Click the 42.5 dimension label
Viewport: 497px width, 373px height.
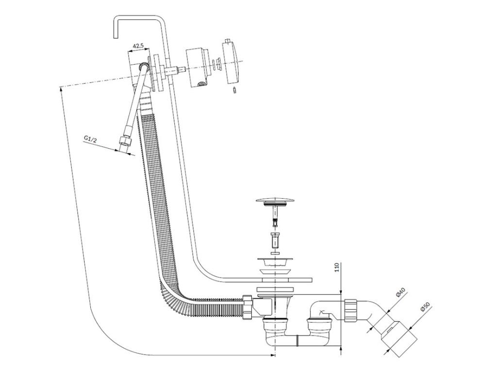pyautogui.click(x=138, y=46)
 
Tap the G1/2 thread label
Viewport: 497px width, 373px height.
pyautogui.click(x=90, y=139)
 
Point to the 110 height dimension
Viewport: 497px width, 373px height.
pyautogui.click(x=337, y=268)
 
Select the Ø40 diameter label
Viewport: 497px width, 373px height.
pyautogui.click(x=401, y=293)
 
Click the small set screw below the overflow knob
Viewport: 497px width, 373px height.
pyautogui.click(x=234, y=90)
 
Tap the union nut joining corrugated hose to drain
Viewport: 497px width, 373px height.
pyautogui.click(x=247, y=307)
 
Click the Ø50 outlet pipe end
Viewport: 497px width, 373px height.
pyautogui.click(x=399, y=340)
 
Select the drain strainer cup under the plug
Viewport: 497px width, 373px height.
pyautogui.click(x=275, y=263)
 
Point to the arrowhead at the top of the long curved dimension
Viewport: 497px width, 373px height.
pyautogui.click(x=60, y=89)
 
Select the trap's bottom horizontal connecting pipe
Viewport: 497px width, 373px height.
pyautogui.click(x=297, y=340)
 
